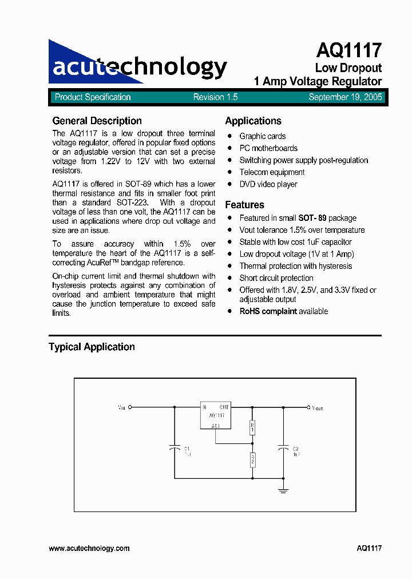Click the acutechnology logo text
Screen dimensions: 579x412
click(x=140, y=67)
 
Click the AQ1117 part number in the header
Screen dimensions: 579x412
click(x=348, y=51)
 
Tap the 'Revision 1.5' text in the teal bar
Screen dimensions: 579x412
click(x=215, y=97)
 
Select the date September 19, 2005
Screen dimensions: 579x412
click(x=345, y=97)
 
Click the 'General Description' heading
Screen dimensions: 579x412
click(x=97, y=121)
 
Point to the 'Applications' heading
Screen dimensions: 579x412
click(x=253, y=121)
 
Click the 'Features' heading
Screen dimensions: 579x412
click(x=244, y=205)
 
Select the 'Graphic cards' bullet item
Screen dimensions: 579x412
click(x=262, y=136)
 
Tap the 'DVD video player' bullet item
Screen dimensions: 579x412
click(x=268, y=184)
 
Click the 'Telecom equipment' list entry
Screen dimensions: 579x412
click(x=272, y=172)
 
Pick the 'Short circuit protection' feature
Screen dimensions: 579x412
click(x=276, y=278)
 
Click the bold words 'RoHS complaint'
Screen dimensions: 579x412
click(x=268, y=311)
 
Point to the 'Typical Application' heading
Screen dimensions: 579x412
click(x=92, y=347)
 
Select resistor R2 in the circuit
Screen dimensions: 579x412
click(x=252, y=459)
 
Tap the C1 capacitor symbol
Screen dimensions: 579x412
click(x=175, y=449)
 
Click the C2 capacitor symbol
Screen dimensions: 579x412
click(x=283, y=449)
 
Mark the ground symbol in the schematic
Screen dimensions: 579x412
click(x=283, y=490)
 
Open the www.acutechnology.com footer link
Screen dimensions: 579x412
click(x=89, y=548)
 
